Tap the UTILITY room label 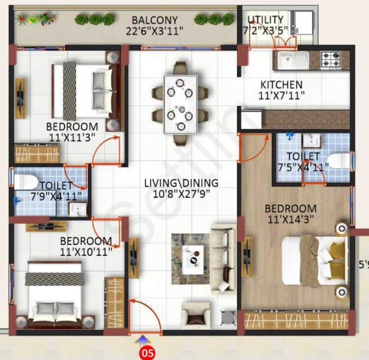click(x=265, y=19)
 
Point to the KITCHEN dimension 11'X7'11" click(x=281, y=95)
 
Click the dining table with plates click(x=180, y=104)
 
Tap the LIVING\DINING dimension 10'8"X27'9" click(x=181, y=194)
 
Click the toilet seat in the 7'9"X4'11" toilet click(x=25, y=182)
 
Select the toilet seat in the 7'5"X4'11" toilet click(x=339, y=161)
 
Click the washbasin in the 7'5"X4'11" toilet click(x=311, y=140)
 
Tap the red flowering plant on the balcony click(x=47, y=18)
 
